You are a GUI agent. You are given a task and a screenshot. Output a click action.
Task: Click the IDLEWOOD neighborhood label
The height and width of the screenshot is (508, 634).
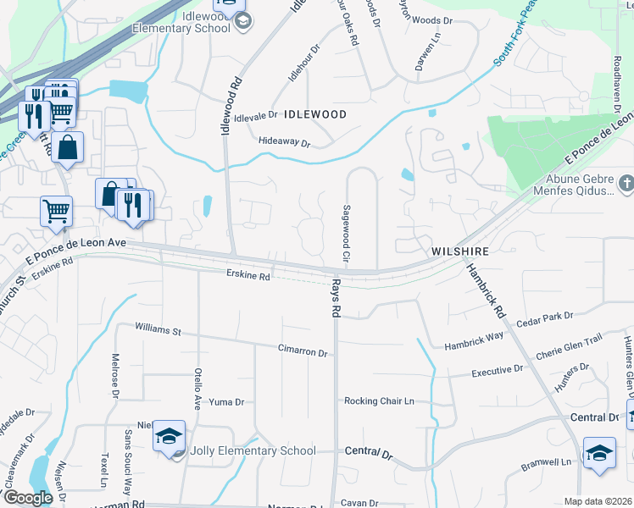pos(315,113)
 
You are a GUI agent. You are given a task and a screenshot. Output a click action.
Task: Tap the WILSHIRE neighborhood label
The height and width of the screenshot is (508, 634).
pos(459,251)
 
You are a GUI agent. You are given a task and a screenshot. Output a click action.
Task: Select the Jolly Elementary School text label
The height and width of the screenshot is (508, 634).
pos(253,451)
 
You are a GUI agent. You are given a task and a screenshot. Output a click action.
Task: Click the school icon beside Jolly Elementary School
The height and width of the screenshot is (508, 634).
pos(169,437)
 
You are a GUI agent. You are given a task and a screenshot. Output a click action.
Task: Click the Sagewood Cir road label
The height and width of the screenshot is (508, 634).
pos(346,232)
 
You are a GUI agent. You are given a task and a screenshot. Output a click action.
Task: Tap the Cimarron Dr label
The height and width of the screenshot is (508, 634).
pos(303,350)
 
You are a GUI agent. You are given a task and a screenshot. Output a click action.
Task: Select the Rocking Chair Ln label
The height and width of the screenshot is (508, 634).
pos(378,400)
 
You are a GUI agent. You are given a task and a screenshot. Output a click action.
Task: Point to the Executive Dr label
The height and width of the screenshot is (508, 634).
pos(498,370)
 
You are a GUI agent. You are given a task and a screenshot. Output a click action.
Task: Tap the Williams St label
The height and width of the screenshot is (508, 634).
pos(158,329)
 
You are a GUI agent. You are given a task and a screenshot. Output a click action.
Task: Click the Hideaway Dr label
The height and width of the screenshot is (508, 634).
pos(285,142)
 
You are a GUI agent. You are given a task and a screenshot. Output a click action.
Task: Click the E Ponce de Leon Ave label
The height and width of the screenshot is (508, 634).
pos(76,243)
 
